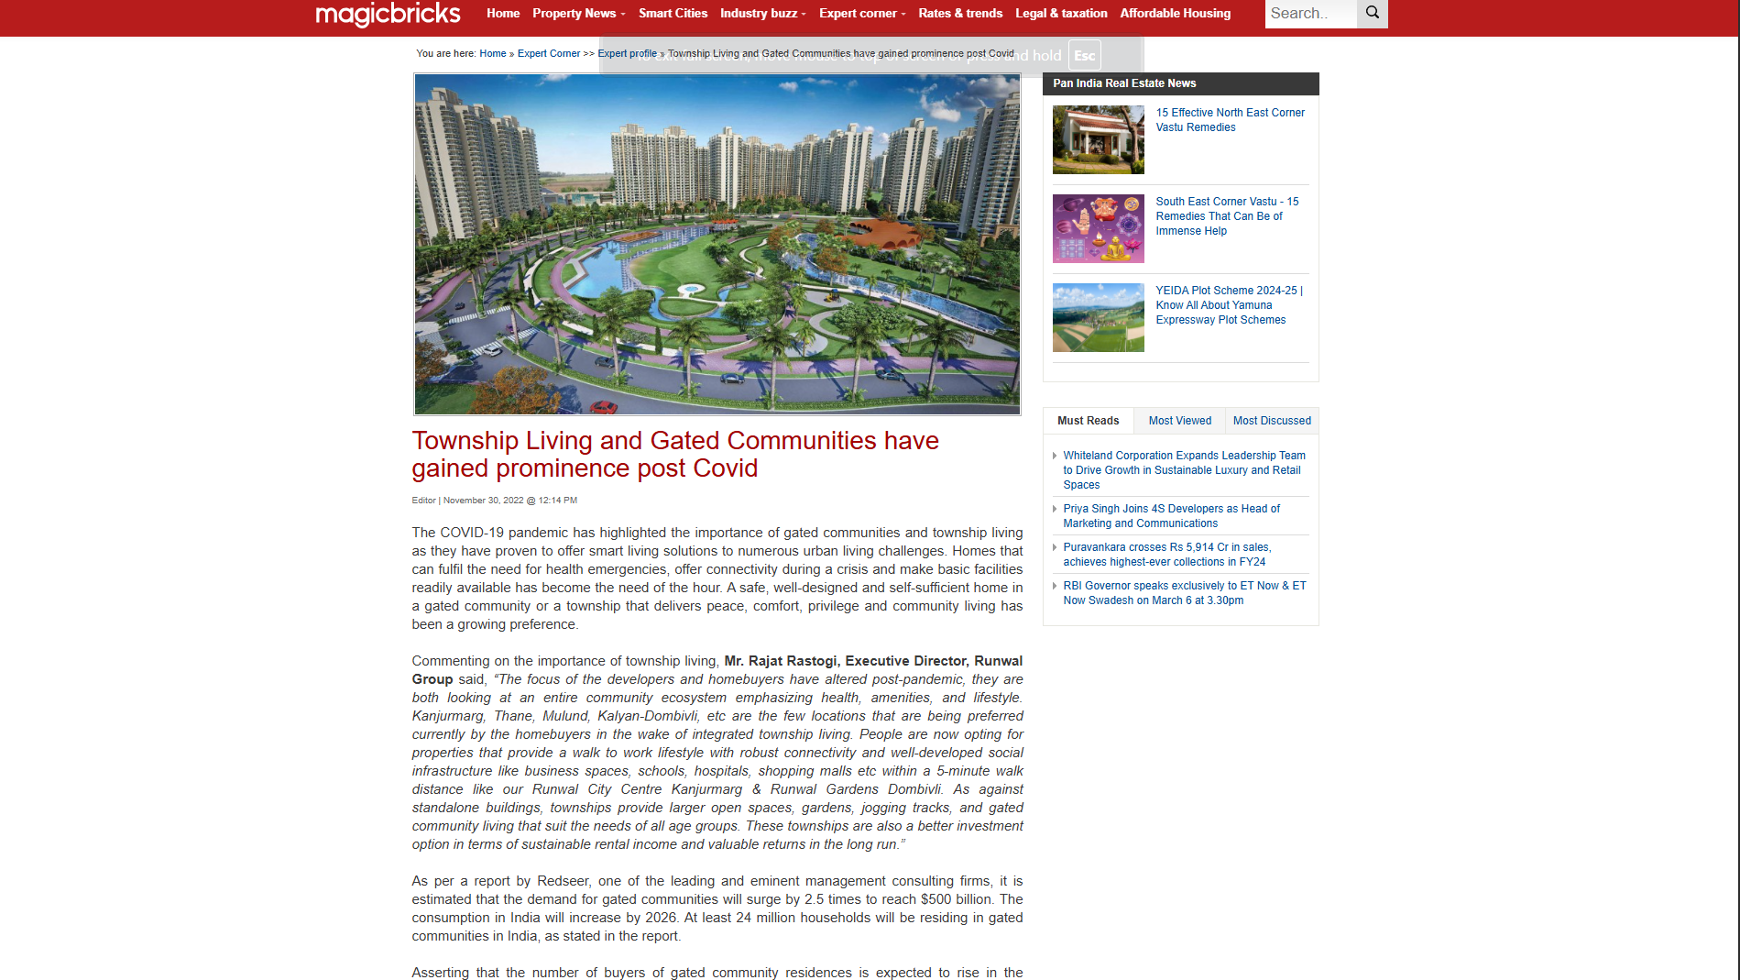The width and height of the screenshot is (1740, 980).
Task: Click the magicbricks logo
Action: point(388,14)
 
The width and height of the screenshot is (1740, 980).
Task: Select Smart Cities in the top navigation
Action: point(673,14)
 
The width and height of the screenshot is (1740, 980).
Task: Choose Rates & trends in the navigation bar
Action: point(959,14)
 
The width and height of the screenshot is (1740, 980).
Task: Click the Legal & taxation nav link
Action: point(1060,14)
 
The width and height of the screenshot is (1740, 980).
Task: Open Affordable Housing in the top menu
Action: point(1175,14)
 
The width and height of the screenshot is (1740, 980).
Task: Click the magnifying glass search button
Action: point(1372,13)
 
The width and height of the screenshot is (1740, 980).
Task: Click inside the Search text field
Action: point(1309,14)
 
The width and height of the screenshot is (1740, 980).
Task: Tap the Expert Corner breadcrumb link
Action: point(548,54)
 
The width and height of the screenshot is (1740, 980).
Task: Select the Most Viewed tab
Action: point(1179,421)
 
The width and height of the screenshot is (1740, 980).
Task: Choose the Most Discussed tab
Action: point(1271,421)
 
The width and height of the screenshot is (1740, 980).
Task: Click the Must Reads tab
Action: point(1088,421)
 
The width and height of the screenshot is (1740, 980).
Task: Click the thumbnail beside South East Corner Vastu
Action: point(1098,229)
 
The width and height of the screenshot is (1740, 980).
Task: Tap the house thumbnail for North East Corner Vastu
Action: point(1098,140)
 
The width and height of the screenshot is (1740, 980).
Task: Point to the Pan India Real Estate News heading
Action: point(1124,83)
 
